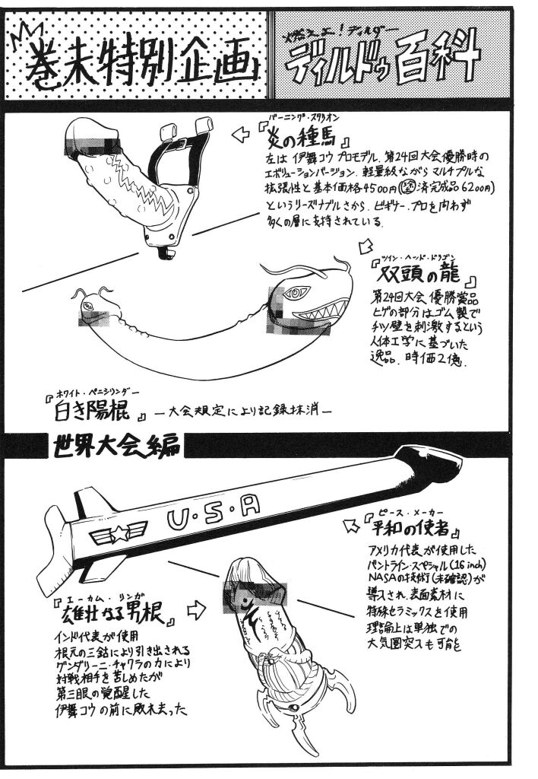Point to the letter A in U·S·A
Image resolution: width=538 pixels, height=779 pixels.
pos(252,500)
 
